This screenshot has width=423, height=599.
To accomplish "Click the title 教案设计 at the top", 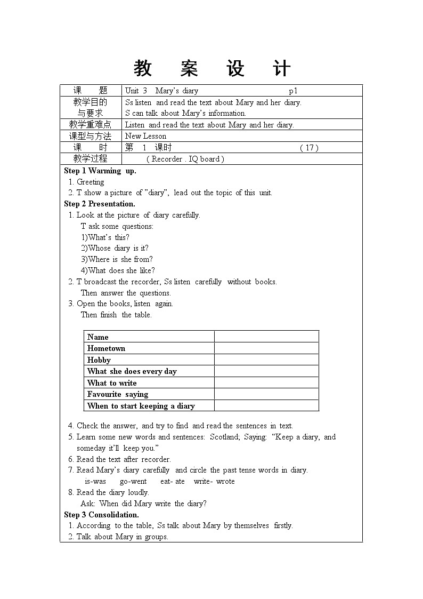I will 212,69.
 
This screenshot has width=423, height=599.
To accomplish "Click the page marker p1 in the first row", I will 293,91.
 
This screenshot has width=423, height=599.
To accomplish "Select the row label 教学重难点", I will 91,125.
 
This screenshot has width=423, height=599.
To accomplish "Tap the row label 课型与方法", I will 91,136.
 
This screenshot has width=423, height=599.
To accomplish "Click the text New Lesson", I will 145,136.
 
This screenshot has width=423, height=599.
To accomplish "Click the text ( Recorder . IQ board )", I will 185,159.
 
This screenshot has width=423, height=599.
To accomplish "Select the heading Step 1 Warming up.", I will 100,171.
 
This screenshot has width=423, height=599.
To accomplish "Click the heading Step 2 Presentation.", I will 100,204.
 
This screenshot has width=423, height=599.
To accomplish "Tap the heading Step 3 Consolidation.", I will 101,515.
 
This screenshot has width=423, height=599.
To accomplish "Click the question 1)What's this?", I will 105,237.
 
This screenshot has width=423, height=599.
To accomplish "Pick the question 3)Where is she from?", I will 117,259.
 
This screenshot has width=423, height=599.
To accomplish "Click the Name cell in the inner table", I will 98,337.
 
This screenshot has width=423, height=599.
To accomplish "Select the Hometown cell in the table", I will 107,348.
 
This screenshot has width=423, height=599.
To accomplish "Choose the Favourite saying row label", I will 118,394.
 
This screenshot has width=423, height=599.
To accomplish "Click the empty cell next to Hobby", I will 266,360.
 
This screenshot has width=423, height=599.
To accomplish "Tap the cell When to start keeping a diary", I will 141,406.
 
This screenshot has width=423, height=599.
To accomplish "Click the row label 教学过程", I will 91,158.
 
